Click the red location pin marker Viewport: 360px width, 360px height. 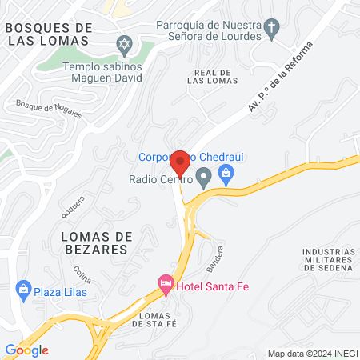pyautogui.click(x=181, y=162)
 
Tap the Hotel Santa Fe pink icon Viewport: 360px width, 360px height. pyautogui.click(x=166, y=283)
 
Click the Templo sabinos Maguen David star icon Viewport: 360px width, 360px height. pyautogui.click(x=123, y=42)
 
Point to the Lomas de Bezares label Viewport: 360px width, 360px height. pyautogui.click(x=94, y=242)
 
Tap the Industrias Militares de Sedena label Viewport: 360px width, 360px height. pyautogui.click(x=329, y=260)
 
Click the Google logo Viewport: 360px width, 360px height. pyautogui.click(x=26, y=350)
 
